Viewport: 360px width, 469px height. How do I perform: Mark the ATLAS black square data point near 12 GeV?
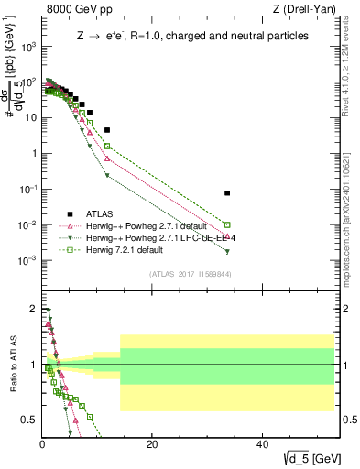(107, 130)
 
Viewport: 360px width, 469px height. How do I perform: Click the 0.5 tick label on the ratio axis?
(29, 420)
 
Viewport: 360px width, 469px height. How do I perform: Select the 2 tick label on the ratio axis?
(34, 309)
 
